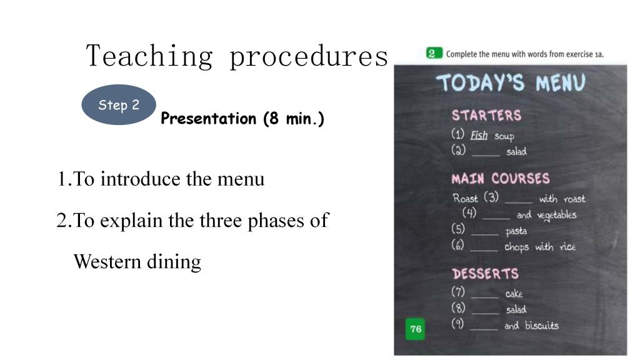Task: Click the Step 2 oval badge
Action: (x=119, y=105)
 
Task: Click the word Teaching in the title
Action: (x=149, y=56)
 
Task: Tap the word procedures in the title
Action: (x=309, y=56)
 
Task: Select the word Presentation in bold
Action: (x=209, y=118)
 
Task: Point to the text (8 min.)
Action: (x=294, y=118)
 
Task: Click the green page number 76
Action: (x=416, y=329)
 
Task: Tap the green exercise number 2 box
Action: (x=434, y=54)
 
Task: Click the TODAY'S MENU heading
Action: (x=511, y=83)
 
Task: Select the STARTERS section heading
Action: (x=486, y=116)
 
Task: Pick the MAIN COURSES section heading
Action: (x=501, y=178)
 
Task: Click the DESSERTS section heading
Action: (x=485, y=274)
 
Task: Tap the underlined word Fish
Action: (x=479, y=135)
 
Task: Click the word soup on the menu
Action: (x=504, y=136)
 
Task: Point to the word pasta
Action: (x=516, y=231)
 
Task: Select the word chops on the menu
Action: (x=517, y=247)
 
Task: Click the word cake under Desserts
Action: (x=514, y=294)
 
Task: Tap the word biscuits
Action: (x=542, y=325)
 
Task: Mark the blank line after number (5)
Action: (x=485, y=235)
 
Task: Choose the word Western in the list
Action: (x=107, y=262)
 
